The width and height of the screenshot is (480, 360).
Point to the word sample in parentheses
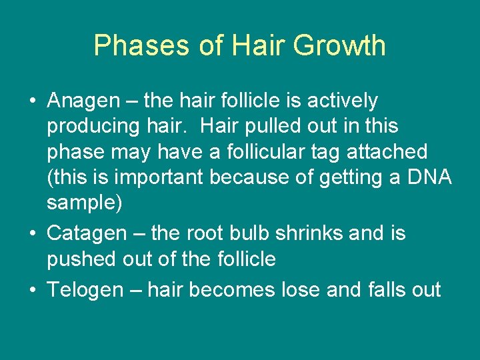(x=82, y=203)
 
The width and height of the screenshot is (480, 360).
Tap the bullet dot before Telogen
(x=33, y=291)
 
